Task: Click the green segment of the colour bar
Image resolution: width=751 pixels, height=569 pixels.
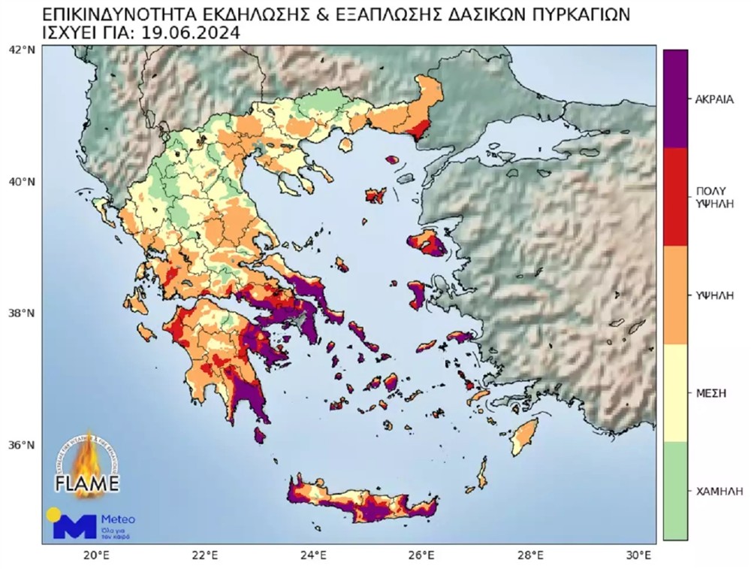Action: click(x=675, y=490)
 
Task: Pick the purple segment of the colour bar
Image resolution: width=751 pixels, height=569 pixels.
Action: click(x=675, y=98)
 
